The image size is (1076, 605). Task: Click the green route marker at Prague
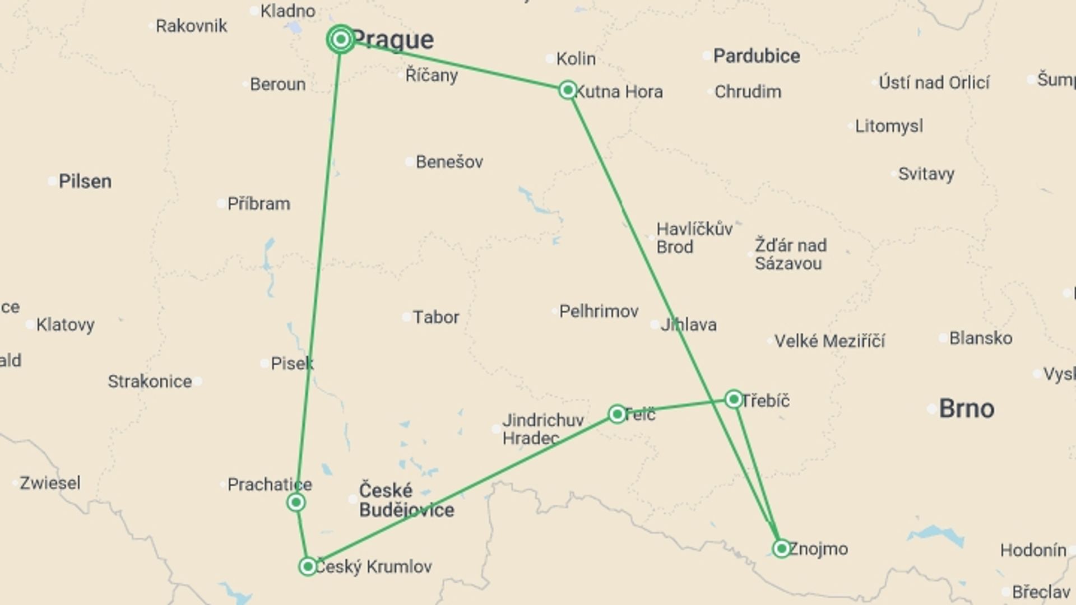pyautogui.click(x=341, y=39)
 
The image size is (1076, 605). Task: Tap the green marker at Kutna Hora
pyautogui.click(x=568, y=90)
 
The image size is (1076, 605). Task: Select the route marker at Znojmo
pyautogui.click(x=781, y=548)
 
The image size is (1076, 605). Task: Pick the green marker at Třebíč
pyautogui.click(x=734, y=399)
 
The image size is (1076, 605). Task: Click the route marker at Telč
pyautogui.click(x=617, y=414)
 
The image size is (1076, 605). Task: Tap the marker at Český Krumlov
pyautogui.click(x=308, y=566)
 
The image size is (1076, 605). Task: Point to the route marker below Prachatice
pyautogui.click(x=296, y=502)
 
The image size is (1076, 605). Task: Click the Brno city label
pyautogui.click(x=966, y=408)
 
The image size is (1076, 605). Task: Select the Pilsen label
pyautogui.click(x=85, y=182)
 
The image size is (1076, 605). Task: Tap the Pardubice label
pyautogui.click(x=756, y=56)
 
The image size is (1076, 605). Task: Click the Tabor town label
pyautogui.click(x=435, y=317)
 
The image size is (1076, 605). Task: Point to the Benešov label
pyautogui.click(x=449, y=162)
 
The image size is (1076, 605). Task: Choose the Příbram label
pyautogui.click(x=258, y=204)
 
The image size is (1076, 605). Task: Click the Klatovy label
pyautogui.click(x=65, y=325)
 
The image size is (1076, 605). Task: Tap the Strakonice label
pyautogui.click(x=150, y=381)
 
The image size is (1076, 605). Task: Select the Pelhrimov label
pyautogui.click(x=599, y=311)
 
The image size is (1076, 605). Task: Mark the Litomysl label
pyautogui.click(x=889, y=126)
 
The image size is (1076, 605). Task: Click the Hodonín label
pyautogui.click(x=1033, y=550)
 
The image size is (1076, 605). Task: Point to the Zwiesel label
pyautogui.click(x=50, y=483)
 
